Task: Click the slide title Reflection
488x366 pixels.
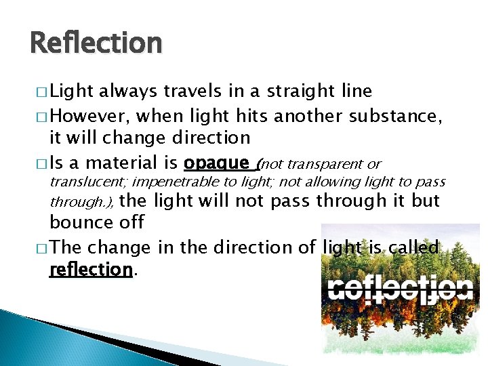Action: pyautogui.click(x=96, y=43)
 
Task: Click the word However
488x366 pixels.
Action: pyautogui.click(x=83, y=116)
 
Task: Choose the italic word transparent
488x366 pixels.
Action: pyautogui.click(x=322, y=165)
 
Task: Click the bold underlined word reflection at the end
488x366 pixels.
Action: pyautogui.click(x=90, y=270)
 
